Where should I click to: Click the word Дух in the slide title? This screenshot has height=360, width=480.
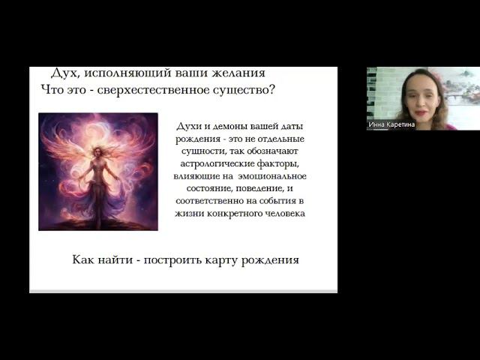tap(64, 73)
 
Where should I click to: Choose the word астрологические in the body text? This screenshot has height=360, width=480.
tap(217, 164)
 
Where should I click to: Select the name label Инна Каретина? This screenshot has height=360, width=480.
tap(391, 124)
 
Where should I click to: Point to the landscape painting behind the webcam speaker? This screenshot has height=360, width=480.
tap(462, 86)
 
